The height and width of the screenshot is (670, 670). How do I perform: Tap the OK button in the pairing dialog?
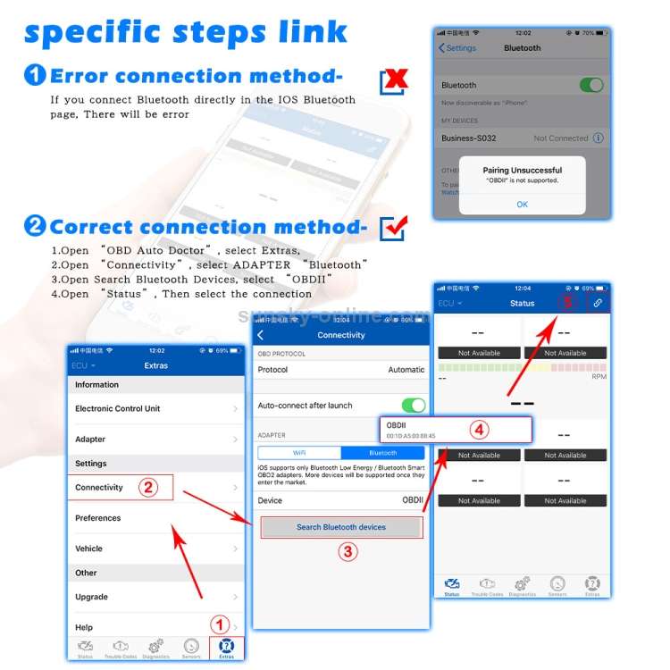click(x=522, y=204)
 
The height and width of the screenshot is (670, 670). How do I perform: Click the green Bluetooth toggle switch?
click(x=590, y=85)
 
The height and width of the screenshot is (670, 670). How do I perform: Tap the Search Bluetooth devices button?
click(x=340, y=527)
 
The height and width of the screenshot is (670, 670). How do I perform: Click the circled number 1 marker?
click(x=220, y=624)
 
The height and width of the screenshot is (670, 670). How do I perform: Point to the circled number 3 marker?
click(x=348, y=551)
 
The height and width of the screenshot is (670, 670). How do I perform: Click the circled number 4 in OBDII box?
click(x=480, y=430)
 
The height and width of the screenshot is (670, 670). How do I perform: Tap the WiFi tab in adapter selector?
click(x=299, y=453)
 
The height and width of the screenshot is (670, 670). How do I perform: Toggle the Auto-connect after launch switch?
click(x=413, y=405)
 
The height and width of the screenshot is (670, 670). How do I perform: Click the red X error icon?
click(x=393, y=80)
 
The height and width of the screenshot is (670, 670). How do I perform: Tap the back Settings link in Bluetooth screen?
click(x=457, y=48)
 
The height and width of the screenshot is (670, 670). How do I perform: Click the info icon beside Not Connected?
click(x=599, y=138)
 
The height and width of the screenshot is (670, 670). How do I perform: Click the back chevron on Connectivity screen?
click(x=261, y=335)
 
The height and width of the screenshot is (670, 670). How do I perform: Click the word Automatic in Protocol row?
click(x=406, y=370)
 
